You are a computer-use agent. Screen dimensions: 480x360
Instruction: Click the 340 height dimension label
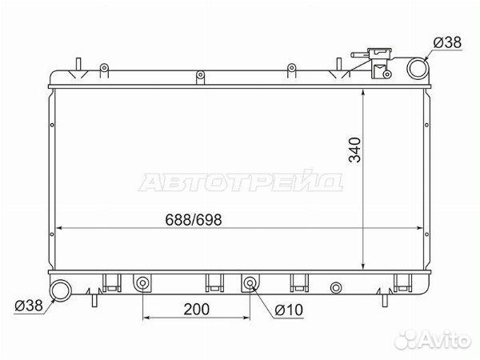point(355,150)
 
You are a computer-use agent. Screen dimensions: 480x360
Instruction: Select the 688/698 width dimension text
point(193,220)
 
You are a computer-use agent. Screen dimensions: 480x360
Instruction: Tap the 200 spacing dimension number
point(197,309)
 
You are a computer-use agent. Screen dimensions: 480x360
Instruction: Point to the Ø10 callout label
point(289,310)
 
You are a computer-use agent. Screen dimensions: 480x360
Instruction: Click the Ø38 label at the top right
point(447,42)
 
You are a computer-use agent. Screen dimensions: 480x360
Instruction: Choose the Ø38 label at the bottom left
point(29,306)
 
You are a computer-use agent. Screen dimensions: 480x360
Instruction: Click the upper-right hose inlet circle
point(418,68)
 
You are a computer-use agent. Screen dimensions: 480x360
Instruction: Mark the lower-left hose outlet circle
point(60,290)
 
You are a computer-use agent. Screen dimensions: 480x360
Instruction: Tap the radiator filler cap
point(380,53)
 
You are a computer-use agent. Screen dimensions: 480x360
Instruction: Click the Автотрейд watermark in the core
point(241,181)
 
